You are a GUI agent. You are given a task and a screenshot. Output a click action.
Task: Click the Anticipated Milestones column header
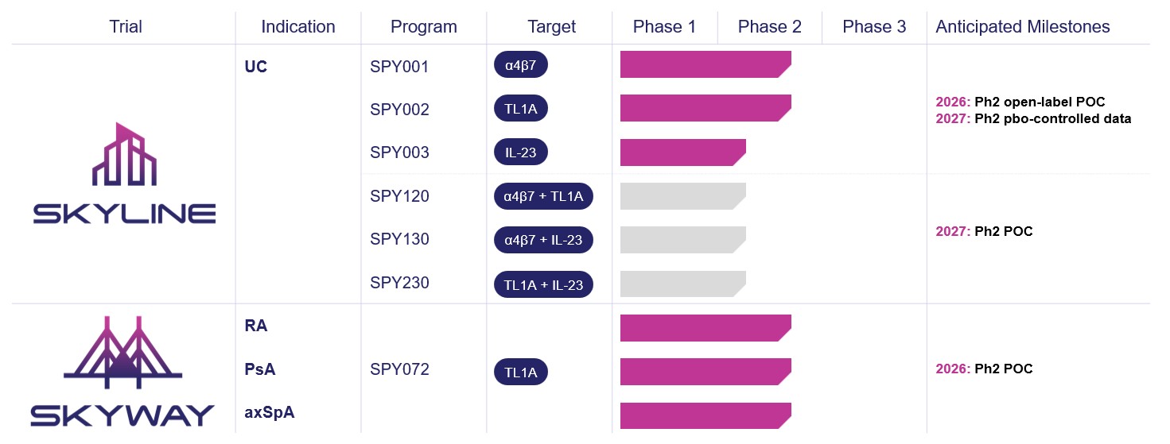[1022, 27]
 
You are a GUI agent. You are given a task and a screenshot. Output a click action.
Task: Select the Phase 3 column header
[874, 27]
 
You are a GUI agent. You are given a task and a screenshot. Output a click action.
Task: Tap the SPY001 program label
[399, 67]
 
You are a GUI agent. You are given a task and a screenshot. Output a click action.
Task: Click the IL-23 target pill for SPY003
[521, 153]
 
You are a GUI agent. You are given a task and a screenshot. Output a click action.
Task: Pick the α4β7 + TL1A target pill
[543, 196]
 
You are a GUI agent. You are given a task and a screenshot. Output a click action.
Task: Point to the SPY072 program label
[399, 369]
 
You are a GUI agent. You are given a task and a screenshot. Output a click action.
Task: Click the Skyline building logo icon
[125, 155]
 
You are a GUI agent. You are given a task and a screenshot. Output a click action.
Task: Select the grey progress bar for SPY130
[682, 240]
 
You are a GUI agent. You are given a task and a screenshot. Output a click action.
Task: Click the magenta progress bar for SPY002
[705, 108]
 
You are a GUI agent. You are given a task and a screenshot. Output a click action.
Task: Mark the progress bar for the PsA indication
[705, 372]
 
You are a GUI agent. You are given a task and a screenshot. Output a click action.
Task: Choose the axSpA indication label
[270, 413]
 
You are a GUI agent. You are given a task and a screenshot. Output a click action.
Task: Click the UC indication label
[256, 67]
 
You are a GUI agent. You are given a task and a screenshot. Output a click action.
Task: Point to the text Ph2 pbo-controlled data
[1052, 119]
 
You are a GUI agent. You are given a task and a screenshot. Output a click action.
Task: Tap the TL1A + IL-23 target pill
[543, 284]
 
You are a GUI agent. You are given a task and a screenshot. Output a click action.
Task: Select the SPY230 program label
[399, 284]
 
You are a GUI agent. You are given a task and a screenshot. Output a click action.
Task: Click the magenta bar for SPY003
[682, 153]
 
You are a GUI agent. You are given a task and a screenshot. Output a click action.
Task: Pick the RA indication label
[256, 326]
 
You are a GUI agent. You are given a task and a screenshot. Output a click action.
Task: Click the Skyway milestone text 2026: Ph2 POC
[984, 369]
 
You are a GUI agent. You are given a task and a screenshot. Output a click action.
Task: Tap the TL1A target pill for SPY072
[521, 372]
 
